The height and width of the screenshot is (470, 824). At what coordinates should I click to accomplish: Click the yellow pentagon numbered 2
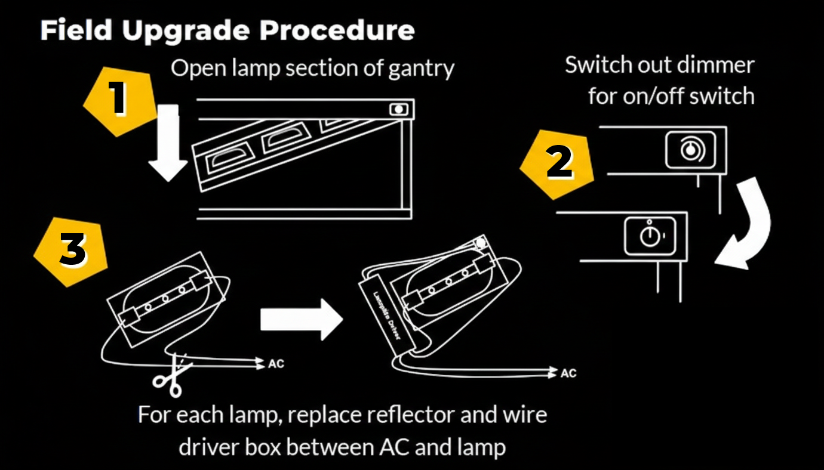[558, 163]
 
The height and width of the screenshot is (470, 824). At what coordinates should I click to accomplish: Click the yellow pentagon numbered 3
[72, 251]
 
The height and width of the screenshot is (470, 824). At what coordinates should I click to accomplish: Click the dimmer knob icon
[690, 149]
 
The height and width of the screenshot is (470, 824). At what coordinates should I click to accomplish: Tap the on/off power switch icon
[650, 236]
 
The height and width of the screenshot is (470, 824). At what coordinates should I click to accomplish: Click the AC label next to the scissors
[276, 363]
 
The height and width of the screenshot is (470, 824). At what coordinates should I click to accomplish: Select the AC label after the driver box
[568, 373]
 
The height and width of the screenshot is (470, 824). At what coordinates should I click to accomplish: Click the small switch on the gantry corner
[398, 109]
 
